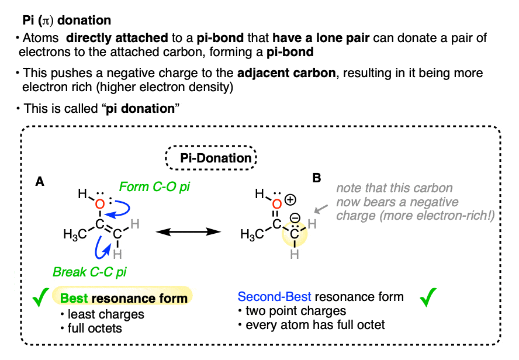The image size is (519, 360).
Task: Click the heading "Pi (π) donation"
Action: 65,20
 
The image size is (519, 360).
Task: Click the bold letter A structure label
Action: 40,182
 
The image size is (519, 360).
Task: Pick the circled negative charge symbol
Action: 295,217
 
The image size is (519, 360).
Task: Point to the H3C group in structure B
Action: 251,234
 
